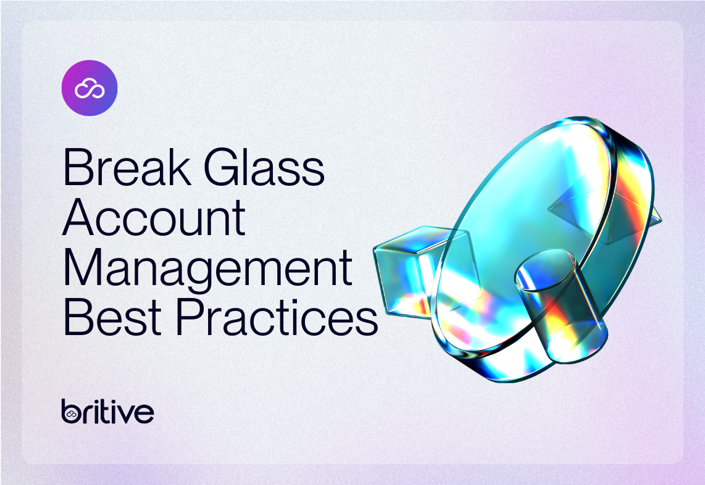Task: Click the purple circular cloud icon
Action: pyautogui.click(x=90, y=88)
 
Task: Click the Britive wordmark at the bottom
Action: pyautogui.click(x=107, y=411)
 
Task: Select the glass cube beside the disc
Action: pyautogui.click(x=407, y=272)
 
